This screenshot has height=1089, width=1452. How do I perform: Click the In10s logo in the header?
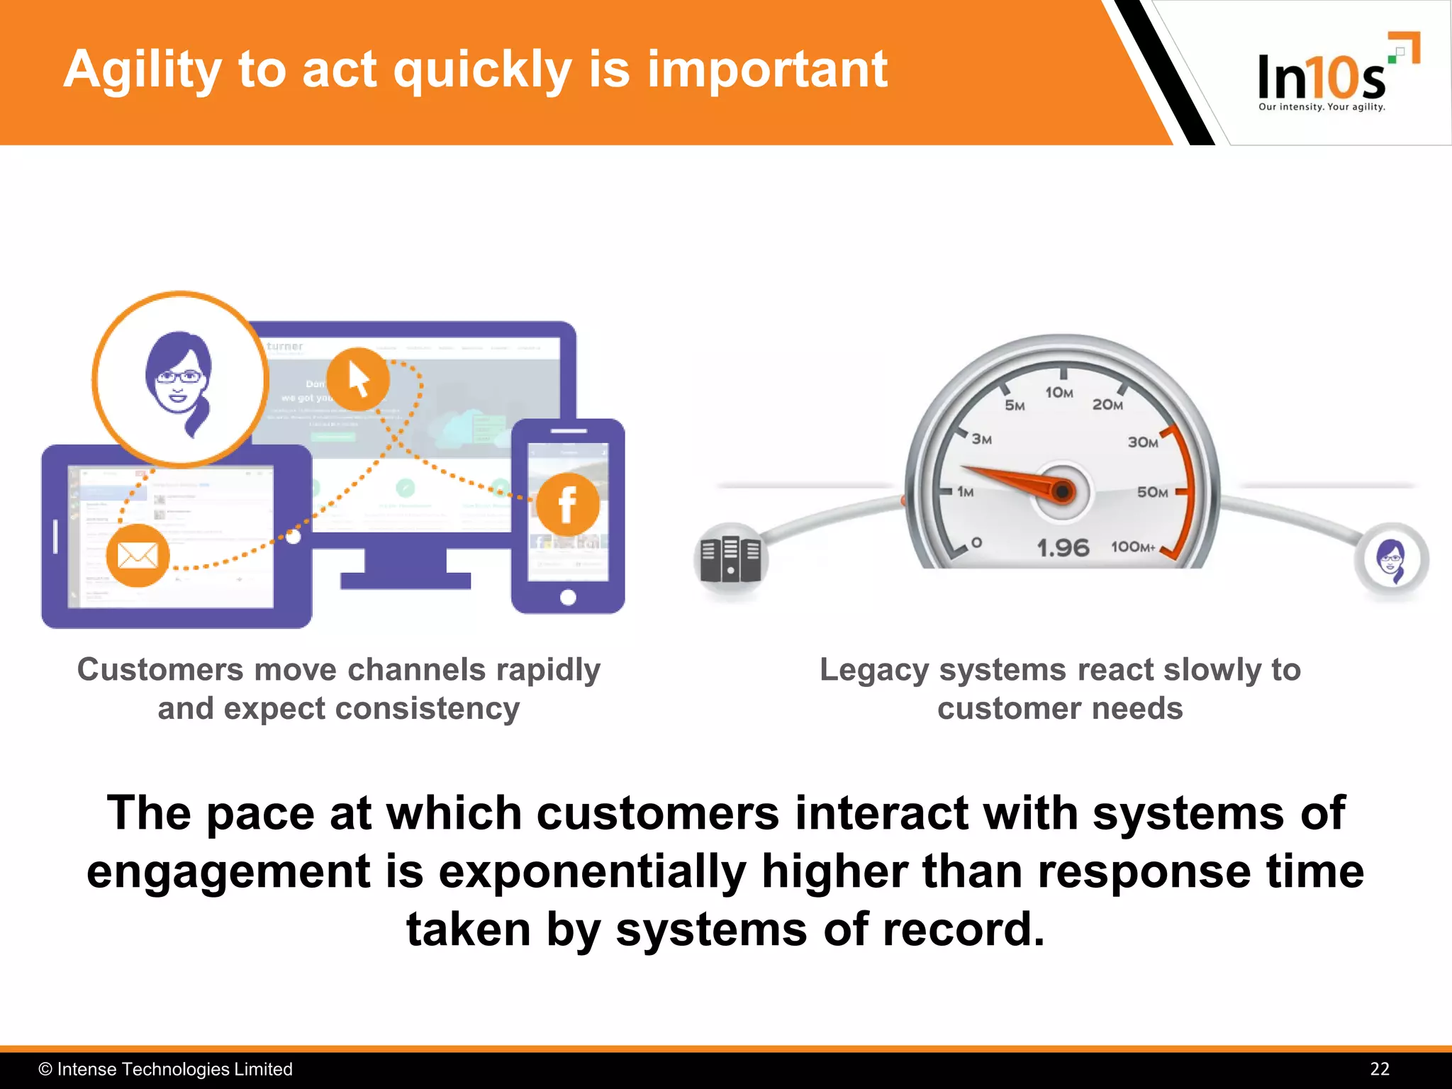(1323, 75)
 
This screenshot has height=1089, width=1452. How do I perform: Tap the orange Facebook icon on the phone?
(568, 505)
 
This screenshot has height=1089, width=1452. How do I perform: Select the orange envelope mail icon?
(138, 556)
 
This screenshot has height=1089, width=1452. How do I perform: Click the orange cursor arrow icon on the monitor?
(359, 380)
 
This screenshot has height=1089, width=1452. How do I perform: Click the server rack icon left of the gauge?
(730, 559)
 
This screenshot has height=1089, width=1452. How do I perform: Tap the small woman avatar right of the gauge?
(1391, 560)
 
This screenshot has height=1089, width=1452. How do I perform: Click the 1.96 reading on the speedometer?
(1062, 547)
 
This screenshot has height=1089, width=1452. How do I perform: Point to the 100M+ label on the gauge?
(1132, 547)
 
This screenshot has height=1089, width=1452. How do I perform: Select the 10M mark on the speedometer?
(1059, 393)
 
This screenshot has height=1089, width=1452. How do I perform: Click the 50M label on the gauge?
(1152, 492)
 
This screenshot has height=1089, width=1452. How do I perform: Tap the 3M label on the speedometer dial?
(982, 440)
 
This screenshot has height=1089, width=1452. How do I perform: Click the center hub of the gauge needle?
(1061, 491)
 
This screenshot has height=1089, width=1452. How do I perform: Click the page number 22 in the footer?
(1379, 1069)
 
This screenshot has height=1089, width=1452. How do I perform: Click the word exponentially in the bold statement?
(592, 871)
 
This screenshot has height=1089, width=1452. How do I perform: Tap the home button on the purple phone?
(568, 598)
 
